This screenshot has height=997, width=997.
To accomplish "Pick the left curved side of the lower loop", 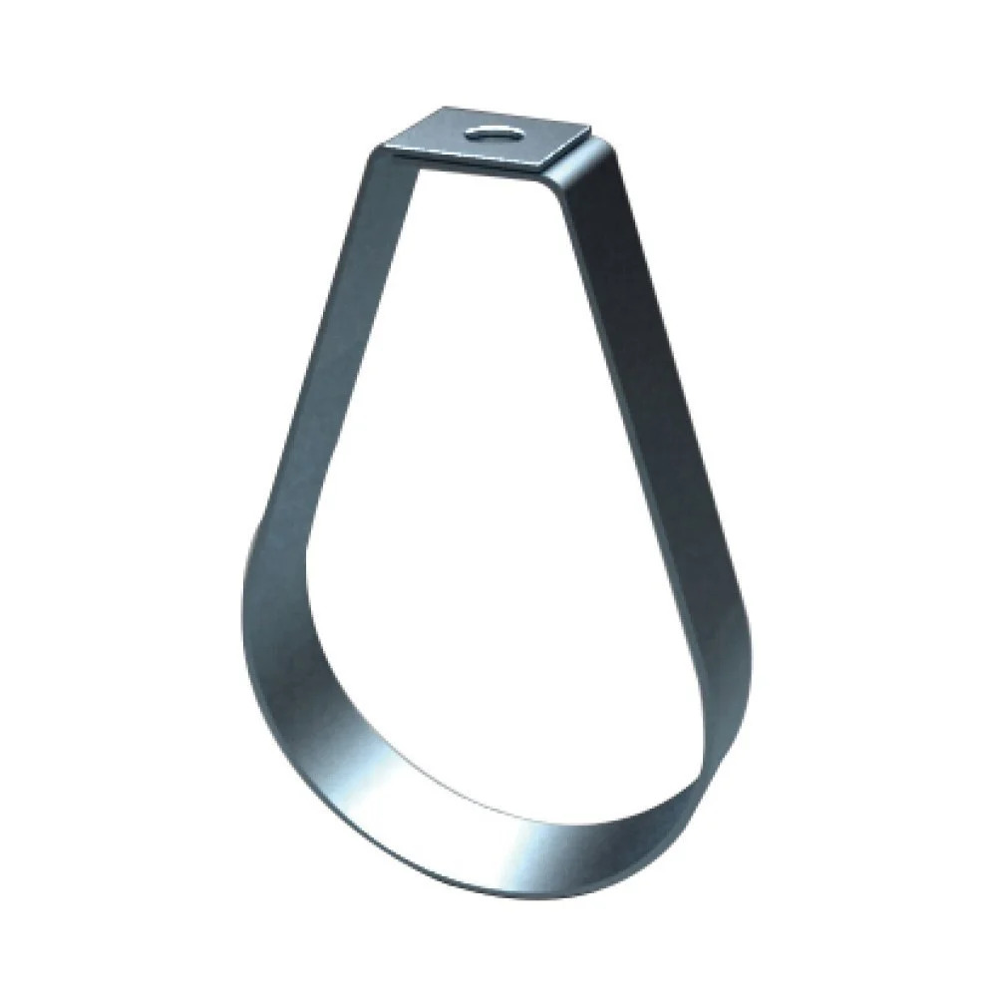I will (274, 638).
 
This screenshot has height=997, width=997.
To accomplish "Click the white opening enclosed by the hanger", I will (498, 498).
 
